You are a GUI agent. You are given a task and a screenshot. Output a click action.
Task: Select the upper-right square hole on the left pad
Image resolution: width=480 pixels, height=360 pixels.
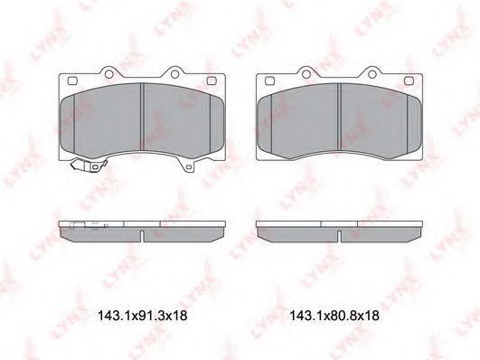pos(212,81)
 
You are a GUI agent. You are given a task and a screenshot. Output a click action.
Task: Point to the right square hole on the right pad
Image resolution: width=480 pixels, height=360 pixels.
pos(409,81)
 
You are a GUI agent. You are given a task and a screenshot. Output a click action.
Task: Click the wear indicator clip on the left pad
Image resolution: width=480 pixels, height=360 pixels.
pos(88,167)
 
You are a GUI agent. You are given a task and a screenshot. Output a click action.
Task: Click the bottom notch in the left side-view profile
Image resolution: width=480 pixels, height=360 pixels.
pos(143,238)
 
